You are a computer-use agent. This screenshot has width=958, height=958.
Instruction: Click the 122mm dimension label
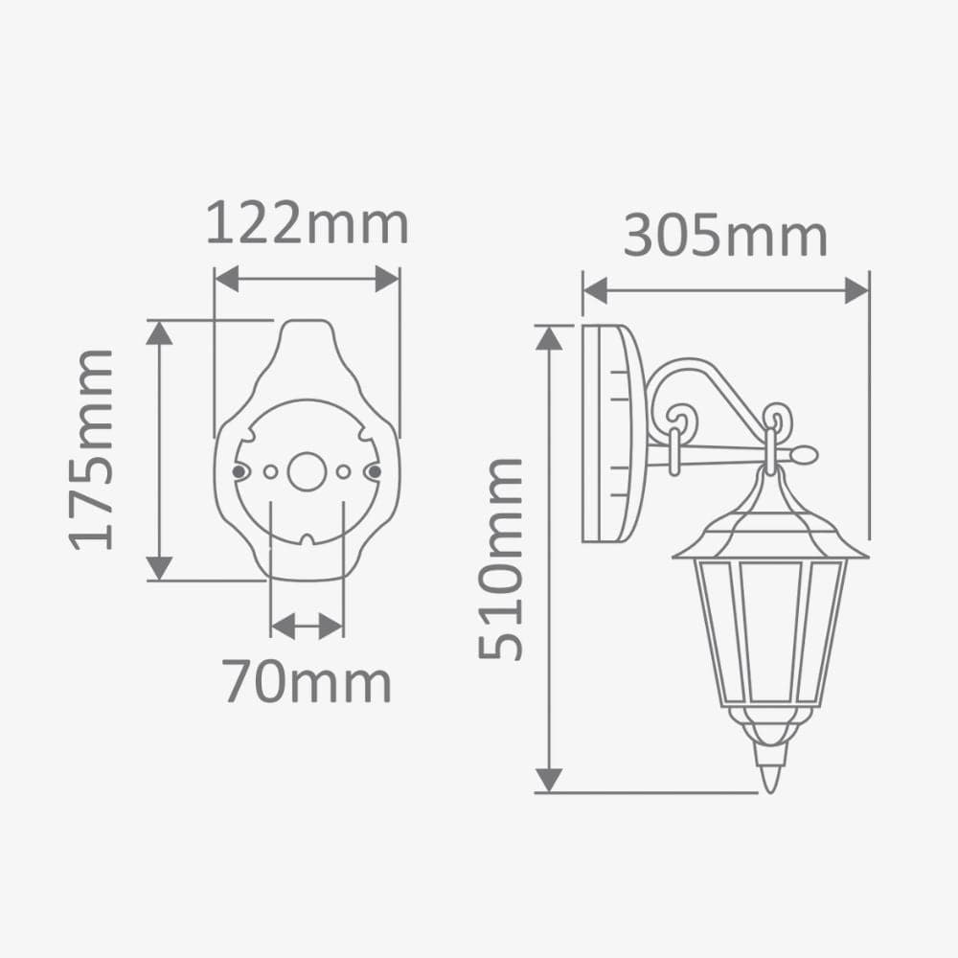308,224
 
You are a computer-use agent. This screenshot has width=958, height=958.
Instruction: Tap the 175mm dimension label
93,449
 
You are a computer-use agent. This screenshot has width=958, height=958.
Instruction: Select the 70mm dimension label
308,682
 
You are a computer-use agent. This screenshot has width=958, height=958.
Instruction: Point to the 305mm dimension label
725,236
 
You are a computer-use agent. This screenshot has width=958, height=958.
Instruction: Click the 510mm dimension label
502,559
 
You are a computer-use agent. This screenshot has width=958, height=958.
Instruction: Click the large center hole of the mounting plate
307,471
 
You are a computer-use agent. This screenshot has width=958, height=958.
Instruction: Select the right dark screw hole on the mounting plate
375,471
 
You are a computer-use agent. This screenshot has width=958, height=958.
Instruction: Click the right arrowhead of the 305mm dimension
856,290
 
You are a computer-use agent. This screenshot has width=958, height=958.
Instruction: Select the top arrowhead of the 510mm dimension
548,337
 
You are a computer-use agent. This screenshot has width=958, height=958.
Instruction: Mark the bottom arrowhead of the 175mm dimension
159,567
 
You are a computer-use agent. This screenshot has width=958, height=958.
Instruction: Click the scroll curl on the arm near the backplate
681,422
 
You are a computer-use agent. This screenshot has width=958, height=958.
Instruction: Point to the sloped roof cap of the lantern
770,522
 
